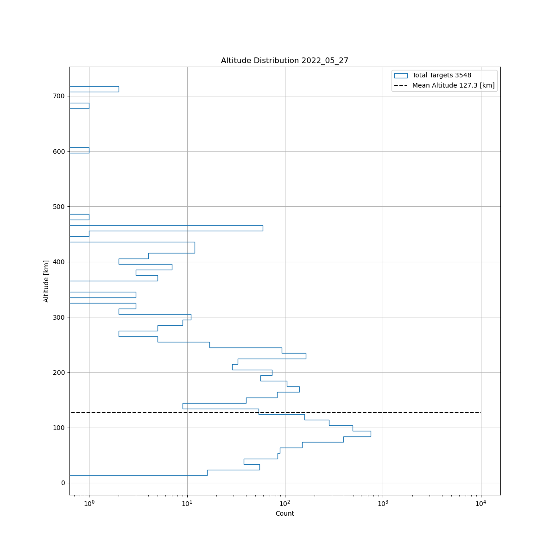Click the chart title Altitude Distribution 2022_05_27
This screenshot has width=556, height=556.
pyautogui.click(x=284, y=61)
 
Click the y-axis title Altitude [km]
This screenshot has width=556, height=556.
pyautogui.click(x=46, y=281)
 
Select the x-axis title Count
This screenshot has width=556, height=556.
pyautogui.click(x=284, y=513)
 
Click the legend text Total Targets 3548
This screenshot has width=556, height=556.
pyautogui.click(x=442, y=76)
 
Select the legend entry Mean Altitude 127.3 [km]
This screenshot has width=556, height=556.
pyautogui.click(x=453, y=85)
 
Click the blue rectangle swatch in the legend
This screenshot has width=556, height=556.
pyautogui.click(x=401, y=76)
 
